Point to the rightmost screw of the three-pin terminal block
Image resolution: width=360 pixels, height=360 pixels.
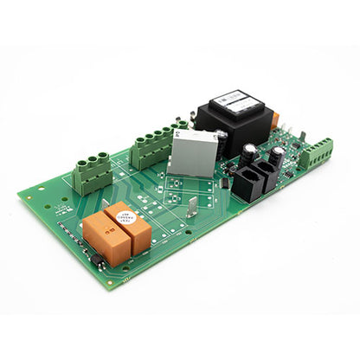pyautogui.click(x=103, y=157)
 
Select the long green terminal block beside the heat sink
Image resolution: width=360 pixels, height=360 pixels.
pyautogui.click(x=157, y=145)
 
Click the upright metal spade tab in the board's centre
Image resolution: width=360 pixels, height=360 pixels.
pyautogui.click(x=192, y=206)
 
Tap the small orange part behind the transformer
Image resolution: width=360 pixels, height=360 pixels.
pyautogui.click(x=274, y=120)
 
